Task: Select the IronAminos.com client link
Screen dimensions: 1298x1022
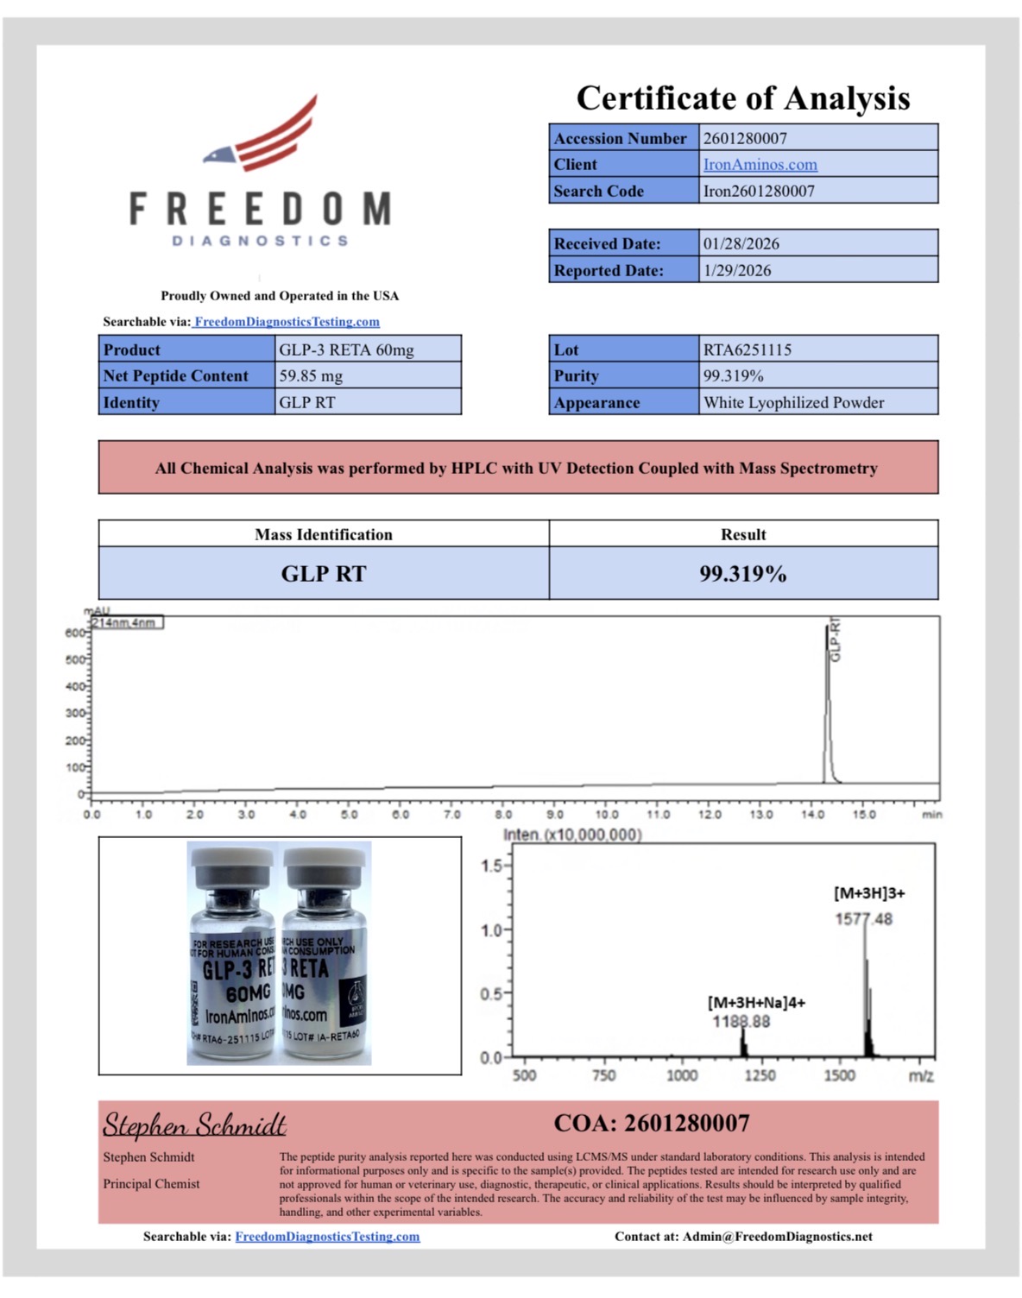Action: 760,165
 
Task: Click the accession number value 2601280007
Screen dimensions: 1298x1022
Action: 745,138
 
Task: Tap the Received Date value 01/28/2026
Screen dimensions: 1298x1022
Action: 741,244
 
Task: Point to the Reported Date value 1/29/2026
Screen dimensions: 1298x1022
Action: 737,271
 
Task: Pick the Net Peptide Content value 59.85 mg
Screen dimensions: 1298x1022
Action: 311,376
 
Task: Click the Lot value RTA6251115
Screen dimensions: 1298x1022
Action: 747,350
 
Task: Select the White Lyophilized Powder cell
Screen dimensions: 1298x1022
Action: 793,403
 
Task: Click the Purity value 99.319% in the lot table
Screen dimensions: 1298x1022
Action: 733,376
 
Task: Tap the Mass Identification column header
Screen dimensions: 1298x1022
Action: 324,535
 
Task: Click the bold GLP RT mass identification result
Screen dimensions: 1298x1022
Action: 324,575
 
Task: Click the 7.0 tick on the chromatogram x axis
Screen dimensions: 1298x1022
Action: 452,815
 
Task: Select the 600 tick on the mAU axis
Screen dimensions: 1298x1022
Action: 75,633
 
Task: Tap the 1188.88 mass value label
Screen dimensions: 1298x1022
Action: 741,1022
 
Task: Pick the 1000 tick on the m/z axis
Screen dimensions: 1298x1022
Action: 682,1076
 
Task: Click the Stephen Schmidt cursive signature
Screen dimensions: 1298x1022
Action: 194,1125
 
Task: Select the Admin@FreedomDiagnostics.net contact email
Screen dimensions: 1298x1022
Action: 777,1237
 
